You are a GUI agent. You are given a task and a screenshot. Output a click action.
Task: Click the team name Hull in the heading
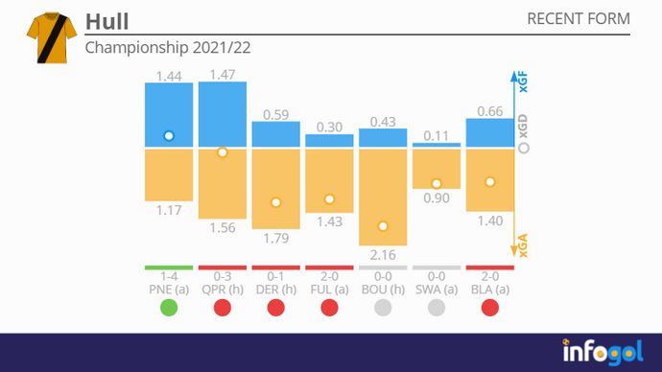coord(106,21)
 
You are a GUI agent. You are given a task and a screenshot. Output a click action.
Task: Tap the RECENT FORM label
coord(579,19)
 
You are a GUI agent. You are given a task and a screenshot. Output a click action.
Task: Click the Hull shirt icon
coord(45,37)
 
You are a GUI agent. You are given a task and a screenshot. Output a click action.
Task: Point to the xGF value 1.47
coord(222,74)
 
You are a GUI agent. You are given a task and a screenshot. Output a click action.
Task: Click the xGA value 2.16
coord(383,254)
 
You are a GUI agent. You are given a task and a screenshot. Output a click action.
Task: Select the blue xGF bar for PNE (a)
coord(169,115)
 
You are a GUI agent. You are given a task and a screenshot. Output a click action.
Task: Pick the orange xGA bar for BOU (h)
coord(383,197)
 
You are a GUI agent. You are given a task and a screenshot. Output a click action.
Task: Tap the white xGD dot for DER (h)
coord(276,202)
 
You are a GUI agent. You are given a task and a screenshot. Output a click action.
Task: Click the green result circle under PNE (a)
coord(169,307)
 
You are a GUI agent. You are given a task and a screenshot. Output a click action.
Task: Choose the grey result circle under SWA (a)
coord(437,307)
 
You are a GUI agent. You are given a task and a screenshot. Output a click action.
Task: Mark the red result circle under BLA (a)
coord(489,307)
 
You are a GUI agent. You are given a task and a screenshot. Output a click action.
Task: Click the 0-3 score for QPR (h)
coord(222,276)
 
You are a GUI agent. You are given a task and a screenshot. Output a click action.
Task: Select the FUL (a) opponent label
coord(329,289)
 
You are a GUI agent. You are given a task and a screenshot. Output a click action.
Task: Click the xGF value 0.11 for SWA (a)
coord(437,135)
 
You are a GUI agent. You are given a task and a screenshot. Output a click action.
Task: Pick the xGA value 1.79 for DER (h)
coord(276,238)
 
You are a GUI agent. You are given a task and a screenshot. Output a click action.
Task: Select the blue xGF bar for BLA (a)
coord(489,133)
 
